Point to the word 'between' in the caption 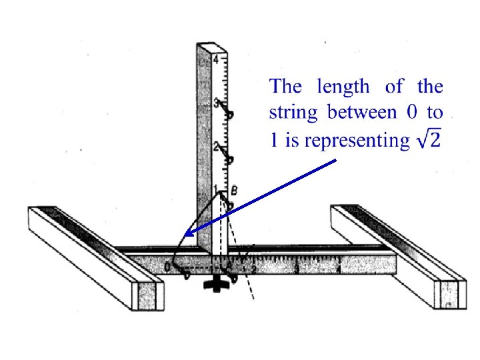(x=362, y=113)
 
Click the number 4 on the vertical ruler (x=216, y=60)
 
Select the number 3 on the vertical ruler (x=216, y=103)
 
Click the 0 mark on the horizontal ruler (x=167, y=267)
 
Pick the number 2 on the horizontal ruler (x=253, y=269)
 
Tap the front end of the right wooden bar (x=451, y=293)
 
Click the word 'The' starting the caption (x=285, y=87)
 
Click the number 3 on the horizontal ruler (x=297, y=269)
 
